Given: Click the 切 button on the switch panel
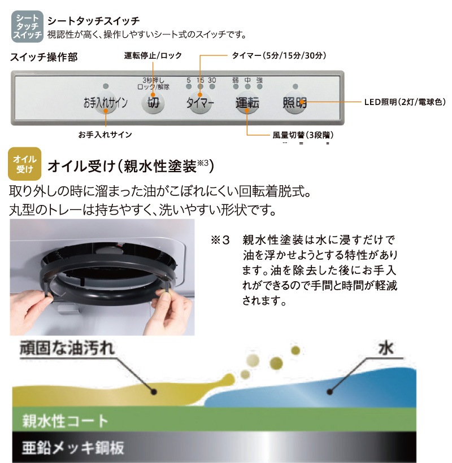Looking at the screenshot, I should [x=153, y=103].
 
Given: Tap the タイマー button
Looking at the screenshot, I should [x=200, y=103].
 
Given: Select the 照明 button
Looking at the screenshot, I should [x=294, y=103].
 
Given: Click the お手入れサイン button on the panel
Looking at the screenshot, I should [x=106, y=103].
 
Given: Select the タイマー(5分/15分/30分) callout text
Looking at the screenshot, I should [x=279, y=55].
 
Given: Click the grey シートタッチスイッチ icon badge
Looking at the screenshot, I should [x=27, y=25].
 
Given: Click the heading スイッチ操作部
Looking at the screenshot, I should [x=44, y=57].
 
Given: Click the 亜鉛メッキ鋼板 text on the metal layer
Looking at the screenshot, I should [x=73, y=448].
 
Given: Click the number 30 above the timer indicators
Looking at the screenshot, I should [x=212, y=80].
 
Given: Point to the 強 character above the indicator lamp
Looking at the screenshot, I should [x=259, y=80].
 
